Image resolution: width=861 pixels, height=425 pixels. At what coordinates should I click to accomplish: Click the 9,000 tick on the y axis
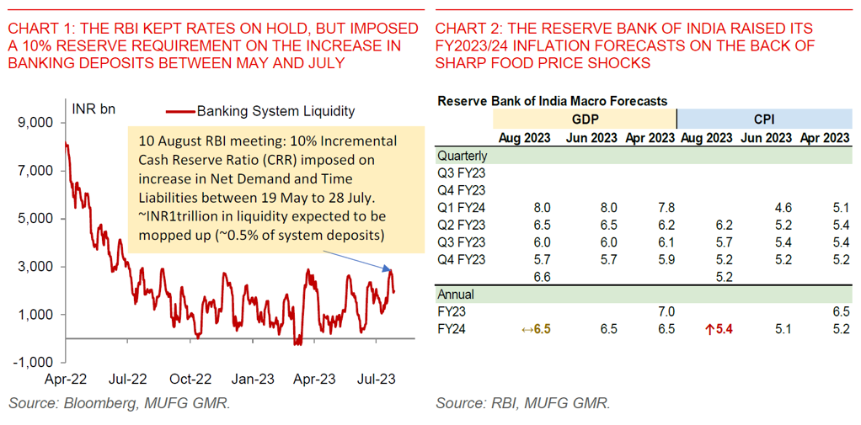[x=36, y=123]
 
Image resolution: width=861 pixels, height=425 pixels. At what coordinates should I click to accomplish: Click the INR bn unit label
[x=94, y=109]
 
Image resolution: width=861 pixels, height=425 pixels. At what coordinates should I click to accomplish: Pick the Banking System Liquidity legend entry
[x=262, y=110]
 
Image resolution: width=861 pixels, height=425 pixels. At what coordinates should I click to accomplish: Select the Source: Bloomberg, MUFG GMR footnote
[x=119, y=404]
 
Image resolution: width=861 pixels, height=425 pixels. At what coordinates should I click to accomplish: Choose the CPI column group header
[x=765, y=119]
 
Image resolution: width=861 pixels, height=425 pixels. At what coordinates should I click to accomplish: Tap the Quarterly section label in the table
[x=462, y=156]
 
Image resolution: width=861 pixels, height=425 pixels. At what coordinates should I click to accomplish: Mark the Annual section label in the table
[x=456, y=295]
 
